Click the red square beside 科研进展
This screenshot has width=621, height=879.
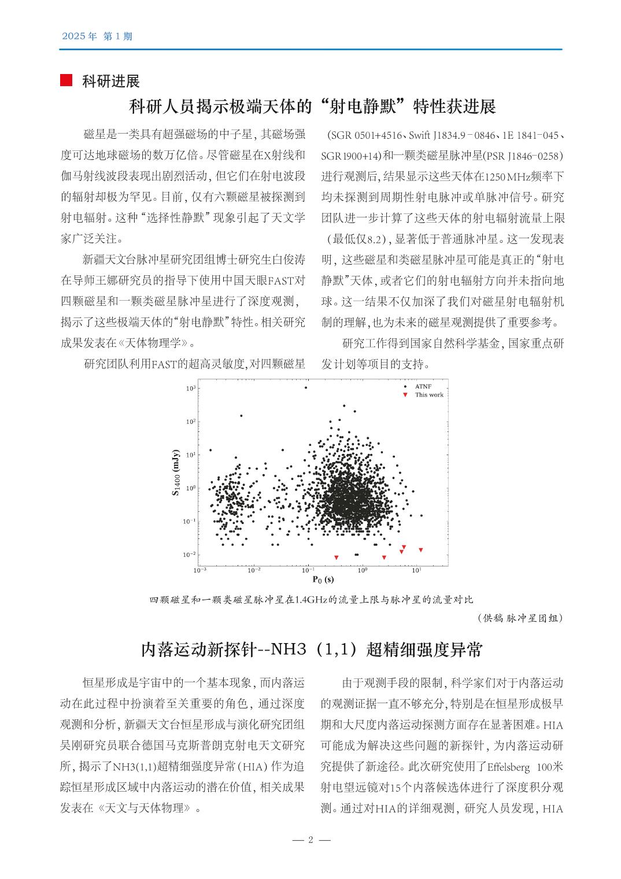(66, 80)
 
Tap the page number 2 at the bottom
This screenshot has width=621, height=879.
(310, 840)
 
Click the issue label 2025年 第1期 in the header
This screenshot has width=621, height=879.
(97, 36)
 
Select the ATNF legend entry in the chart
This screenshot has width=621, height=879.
(423, 386)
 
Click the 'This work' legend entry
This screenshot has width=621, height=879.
(428, 395)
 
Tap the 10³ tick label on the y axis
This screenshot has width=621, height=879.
(191, 389)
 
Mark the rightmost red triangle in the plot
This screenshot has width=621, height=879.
(421, 550)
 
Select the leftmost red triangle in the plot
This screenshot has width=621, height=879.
(337, 557)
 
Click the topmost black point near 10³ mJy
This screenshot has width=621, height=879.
(306, 387)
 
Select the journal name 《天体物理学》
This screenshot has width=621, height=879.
(157, 343)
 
